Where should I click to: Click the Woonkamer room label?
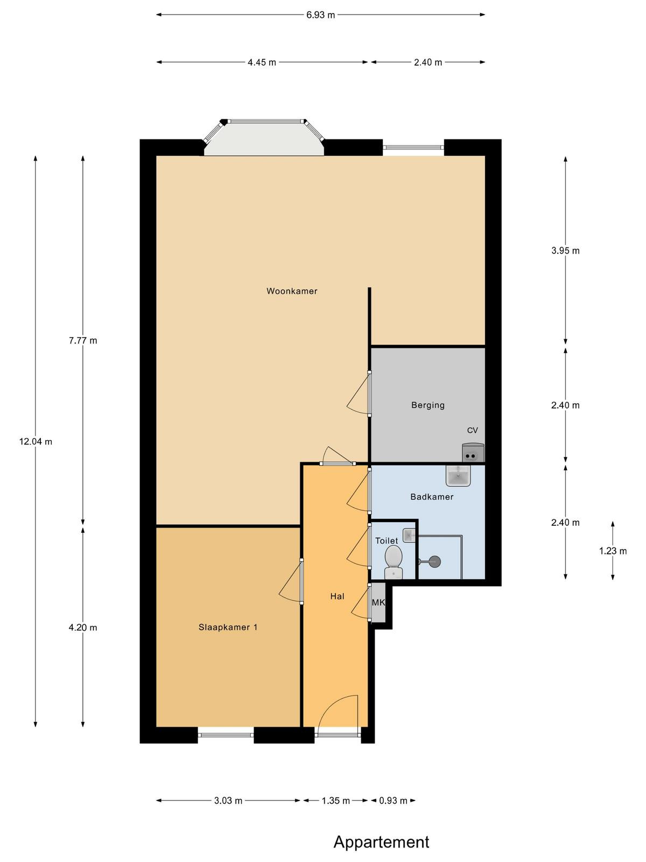coord(292,291)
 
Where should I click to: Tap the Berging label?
coord(428,405)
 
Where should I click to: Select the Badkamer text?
coord(432,497)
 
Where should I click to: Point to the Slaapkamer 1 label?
coord(228,627)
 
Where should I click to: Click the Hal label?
coord(337,596)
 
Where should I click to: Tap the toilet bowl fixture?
coord(394,562)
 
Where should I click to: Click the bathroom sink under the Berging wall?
coord(458,476)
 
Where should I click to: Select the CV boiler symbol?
coord(473,453)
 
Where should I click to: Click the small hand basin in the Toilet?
coord(409,536)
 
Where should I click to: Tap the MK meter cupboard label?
coord(378,602)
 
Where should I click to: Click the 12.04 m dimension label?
coord(36,442)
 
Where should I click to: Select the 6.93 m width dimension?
coord(320,15)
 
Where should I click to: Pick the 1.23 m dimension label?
coord(613,551)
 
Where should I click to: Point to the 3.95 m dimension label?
coord(565,251)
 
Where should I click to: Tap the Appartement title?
coord(381,839)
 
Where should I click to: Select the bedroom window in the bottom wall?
coord(226,735)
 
